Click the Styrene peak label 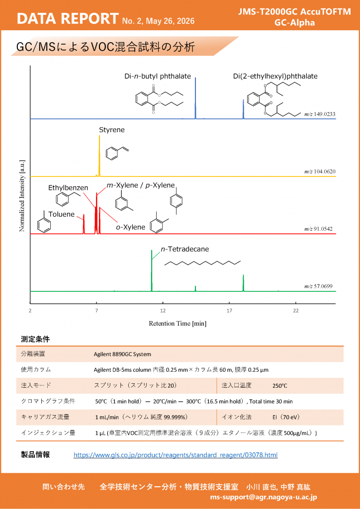(x=112, y=130)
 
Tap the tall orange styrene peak (x=99, y=156)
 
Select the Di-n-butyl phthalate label (x=158, y=77)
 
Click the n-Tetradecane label (x=185, y=250)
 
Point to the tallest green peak (x=152, y=270)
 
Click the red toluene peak (x=84, y=224)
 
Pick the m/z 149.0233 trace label (x=320, y=114)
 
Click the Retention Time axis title (x=178, y=323)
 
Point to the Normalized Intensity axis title (x=22, y=195)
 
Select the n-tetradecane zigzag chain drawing (x=202, y=263)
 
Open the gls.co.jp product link (x=176, y=455)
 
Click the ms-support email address (x=263, y=497)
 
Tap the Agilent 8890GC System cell (x=122, y=354)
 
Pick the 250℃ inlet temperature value (x=280, y=386)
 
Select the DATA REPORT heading (x=67, y=19)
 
